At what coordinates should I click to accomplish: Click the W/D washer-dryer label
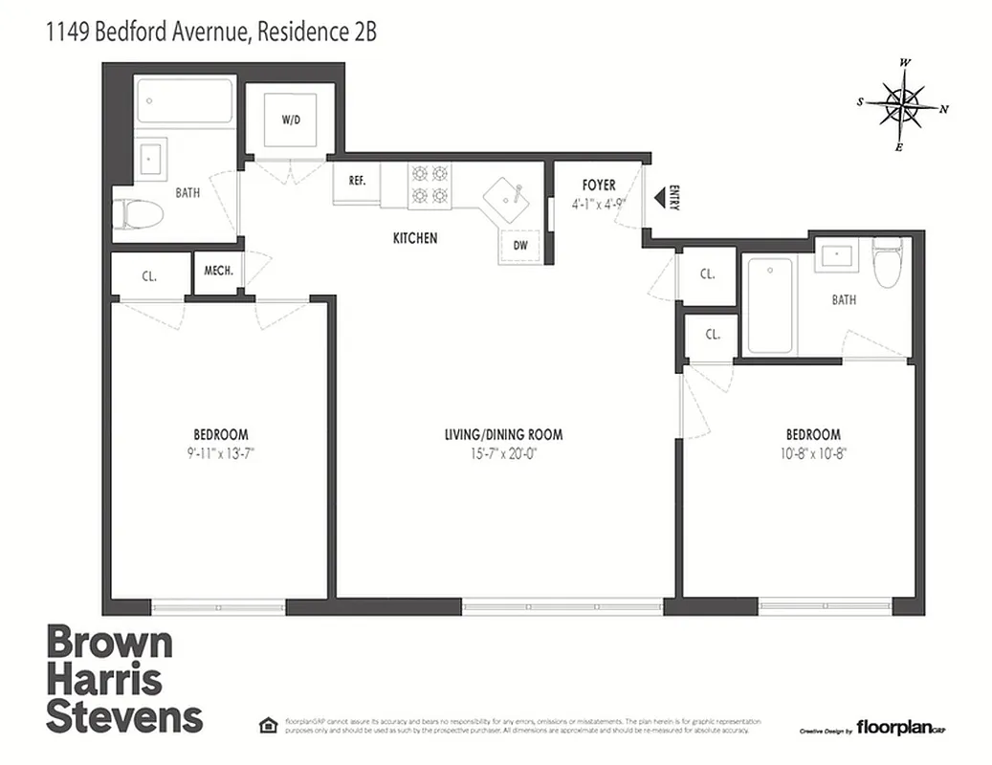click(x=290, y=120)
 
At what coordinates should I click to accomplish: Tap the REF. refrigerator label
click(x=357, y=180)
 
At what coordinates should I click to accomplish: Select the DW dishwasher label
click(x=520, y=245)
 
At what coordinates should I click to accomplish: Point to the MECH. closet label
click(x=219, y=270)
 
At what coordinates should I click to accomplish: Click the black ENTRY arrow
click(x=660, y=197)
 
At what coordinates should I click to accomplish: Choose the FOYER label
click(x=599, y=185)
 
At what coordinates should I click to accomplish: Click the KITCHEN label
click(x=415, y=237)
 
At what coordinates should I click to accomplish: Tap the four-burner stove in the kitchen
click(x=430, y=185)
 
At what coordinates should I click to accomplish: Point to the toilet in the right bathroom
click(x=889, y=263)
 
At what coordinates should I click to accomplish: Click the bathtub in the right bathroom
click(x=770, y=305)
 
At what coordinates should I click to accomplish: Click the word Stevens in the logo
click(x=124, y=716)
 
